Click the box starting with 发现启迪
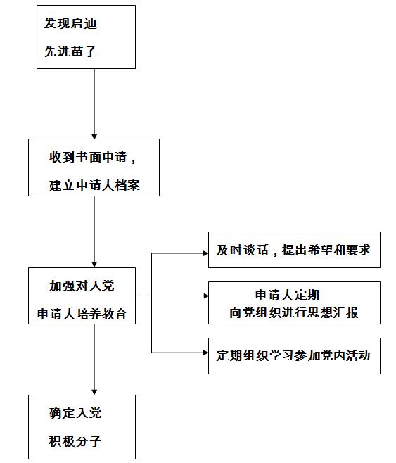coord(86,37)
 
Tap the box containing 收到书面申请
coord(94,167)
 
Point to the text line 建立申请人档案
coord(94,184)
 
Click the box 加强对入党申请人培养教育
coord(82,296)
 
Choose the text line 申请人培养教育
coord(82,313)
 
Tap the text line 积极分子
coord(75,442)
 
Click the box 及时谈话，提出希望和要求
coord(294,250)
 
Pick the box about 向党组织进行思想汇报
coord(294,303)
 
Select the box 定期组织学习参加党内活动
coord(294,355)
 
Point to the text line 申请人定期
coord(292,295)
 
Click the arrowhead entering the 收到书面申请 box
coord(94,134)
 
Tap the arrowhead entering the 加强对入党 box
coord(94,263)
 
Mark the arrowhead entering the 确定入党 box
coord(94,390)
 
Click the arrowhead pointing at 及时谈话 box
coord(204,250)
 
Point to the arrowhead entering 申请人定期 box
coord(204,296)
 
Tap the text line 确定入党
coord(75,413)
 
